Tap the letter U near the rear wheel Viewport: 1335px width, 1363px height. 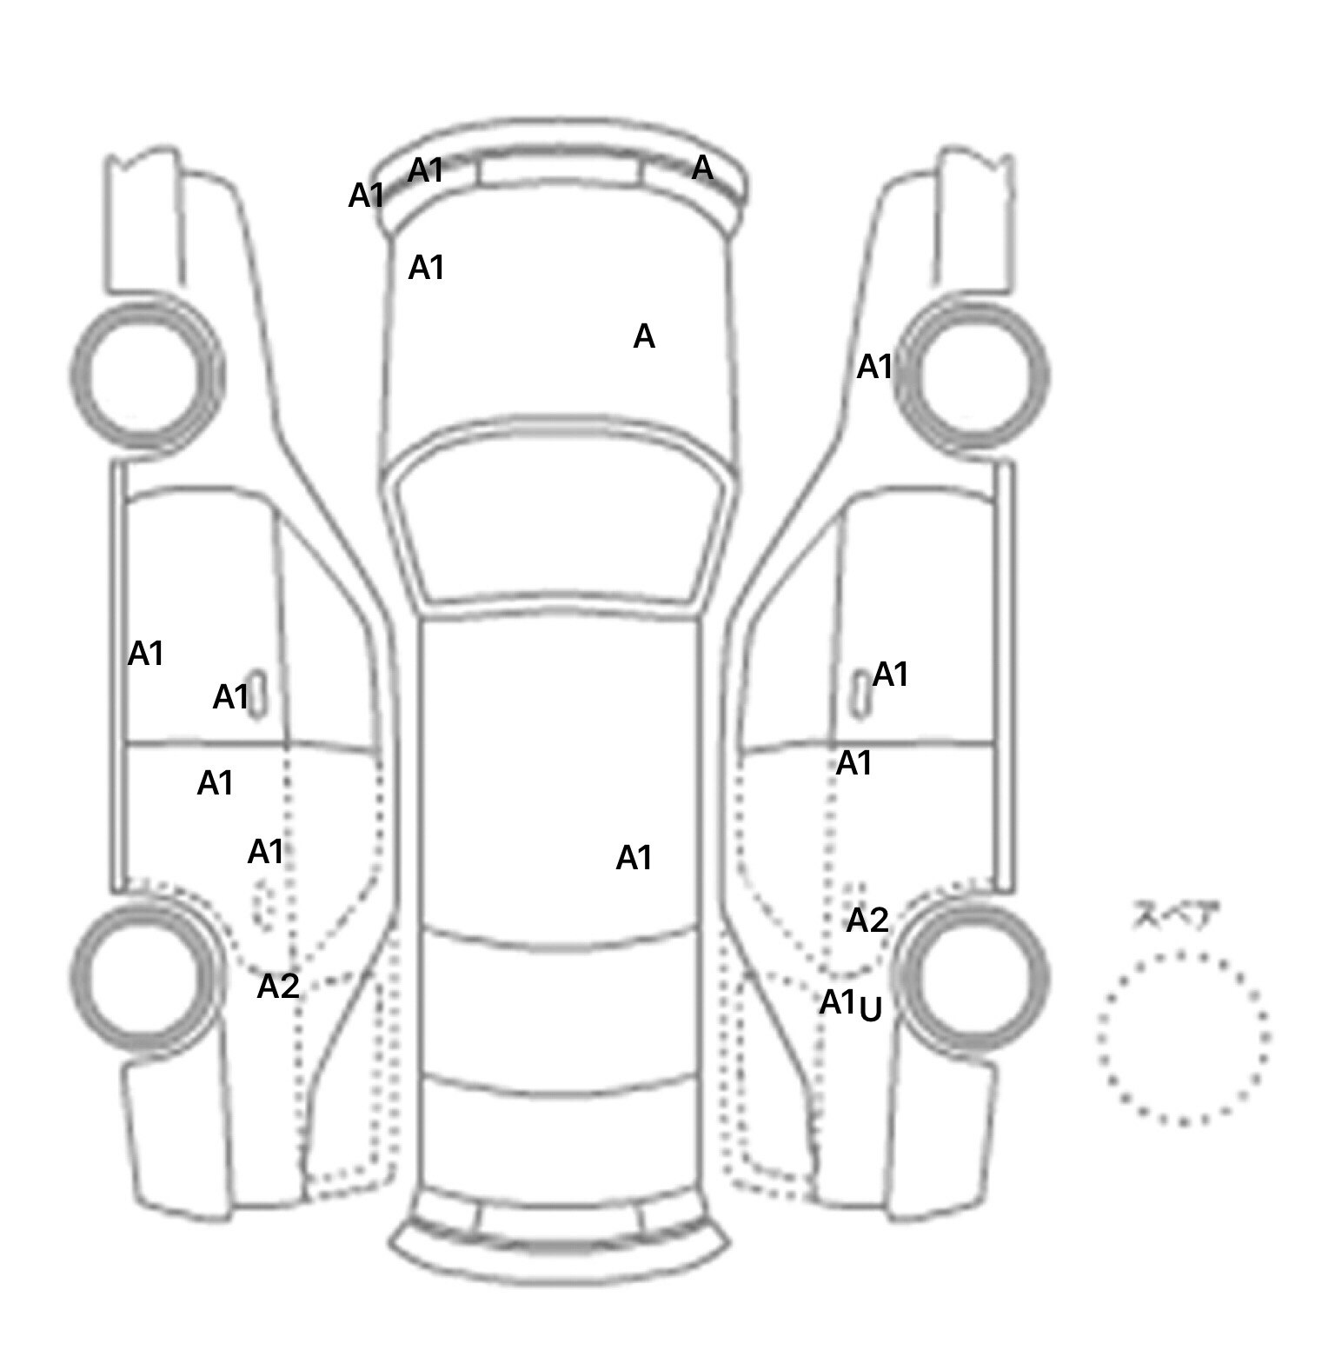871,1010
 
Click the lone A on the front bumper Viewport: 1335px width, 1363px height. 702,168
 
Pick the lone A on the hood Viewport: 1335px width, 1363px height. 644,336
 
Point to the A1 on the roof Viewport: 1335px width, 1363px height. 634,859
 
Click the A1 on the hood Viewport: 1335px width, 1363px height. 427,269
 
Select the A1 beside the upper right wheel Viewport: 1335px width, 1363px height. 875,368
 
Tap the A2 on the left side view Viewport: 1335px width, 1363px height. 278,987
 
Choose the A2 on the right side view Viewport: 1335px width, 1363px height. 867,921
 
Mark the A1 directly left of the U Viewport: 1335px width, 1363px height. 838,1003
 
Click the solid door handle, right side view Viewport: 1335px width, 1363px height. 860,694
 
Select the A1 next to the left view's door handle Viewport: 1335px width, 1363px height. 231,697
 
